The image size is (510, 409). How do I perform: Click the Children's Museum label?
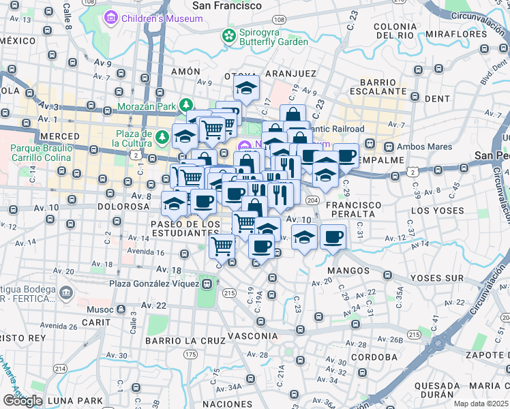pyautogui.click(x=162, y=18)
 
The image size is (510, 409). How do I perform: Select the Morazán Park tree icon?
pyautogui.click(x=185, y=105)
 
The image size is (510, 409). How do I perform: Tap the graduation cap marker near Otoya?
pyautogui.click(x=246, y=87)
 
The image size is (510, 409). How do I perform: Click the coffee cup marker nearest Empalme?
pyautogui.click(x=346, y=155)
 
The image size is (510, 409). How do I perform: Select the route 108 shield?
pyautogui.click(x=279, y=20)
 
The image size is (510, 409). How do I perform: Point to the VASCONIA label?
pyautogui.click(x=253, y=336)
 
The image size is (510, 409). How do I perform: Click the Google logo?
pyautogui.click(x=22, y=401)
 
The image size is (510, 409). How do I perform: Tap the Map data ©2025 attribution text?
pyautogui.click(x=481, y=404)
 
